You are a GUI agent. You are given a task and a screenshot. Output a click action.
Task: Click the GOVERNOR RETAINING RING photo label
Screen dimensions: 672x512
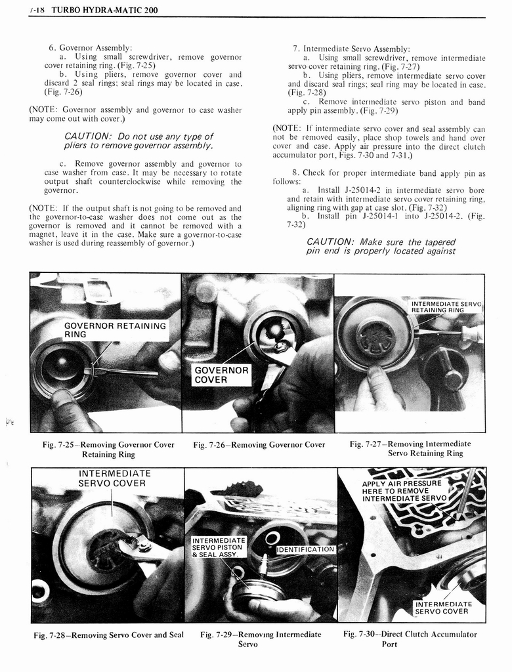(x=116, y=329)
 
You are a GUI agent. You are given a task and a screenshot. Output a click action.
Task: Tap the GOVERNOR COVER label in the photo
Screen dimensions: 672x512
(x=221, y=375)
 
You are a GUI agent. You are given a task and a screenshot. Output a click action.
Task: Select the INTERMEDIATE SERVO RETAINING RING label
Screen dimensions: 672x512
(x=446, y=306)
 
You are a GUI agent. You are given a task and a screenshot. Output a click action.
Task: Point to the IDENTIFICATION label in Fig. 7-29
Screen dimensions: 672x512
(x=306, y=549)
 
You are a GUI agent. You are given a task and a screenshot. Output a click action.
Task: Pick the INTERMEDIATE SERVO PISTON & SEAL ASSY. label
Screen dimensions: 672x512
(x=218, y=547)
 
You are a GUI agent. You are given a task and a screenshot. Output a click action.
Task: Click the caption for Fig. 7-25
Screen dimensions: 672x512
(x=108, y=449)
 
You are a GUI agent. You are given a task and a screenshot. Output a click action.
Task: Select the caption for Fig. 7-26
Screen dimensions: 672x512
(x=259, y=445)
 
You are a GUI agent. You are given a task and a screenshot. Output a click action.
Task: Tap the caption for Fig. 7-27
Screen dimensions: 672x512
(x=410, y=448)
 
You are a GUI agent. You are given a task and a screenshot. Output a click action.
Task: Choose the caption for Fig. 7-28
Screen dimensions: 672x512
(x=109, y=635)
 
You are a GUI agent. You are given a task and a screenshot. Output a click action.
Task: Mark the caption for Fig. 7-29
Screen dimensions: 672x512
(x=261, y=639)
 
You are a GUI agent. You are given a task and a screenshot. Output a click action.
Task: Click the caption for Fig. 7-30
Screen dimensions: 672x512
(x=410, y=639)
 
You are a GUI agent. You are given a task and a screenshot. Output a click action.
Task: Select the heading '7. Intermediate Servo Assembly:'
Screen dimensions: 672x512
(x=351, y=49)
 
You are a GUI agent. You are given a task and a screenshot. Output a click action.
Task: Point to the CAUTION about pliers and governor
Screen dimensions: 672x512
(x=139, y=140)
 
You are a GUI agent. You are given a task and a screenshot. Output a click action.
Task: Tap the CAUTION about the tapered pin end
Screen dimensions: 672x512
(x=381, y=246)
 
